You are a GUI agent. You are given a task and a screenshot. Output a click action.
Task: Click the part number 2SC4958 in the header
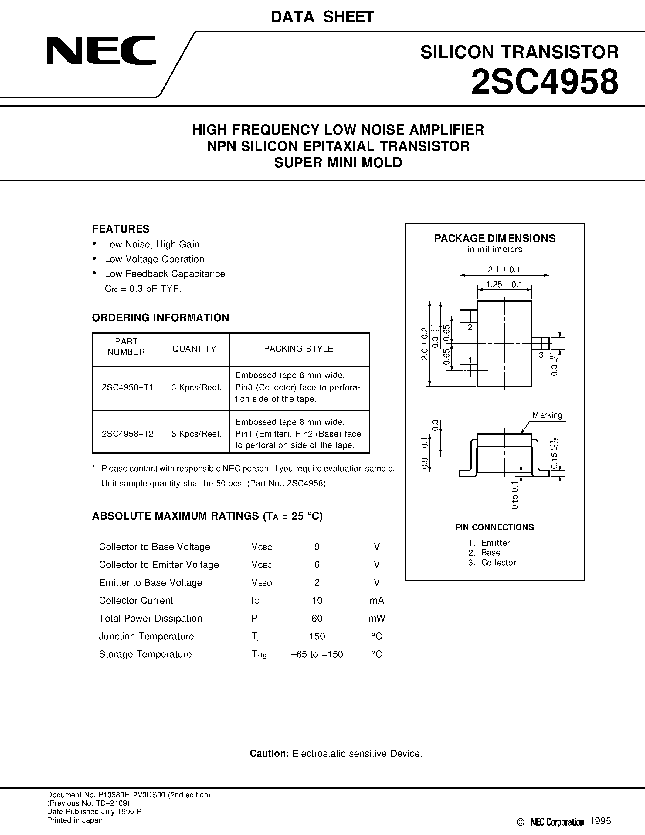pos(545,82)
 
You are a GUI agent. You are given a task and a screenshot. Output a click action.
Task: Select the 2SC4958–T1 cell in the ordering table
pos(127,387)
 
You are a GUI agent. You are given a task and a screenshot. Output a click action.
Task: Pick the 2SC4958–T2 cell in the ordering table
pos(127,434)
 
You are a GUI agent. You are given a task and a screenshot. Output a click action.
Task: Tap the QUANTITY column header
pos(194,349)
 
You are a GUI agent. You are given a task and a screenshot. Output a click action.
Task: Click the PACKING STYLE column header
pos(298,349)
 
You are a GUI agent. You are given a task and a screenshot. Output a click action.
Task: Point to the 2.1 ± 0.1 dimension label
pos(504,270)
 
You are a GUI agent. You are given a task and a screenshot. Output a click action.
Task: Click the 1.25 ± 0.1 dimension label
pos(504,285)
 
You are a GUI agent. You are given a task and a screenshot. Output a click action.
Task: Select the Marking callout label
pos(547,415)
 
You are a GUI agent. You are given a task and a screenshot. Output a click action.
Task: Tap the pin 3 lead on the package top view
pos(540,343)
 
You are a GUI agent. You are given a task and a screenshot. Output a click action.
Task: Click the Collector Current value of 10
pos(317,600)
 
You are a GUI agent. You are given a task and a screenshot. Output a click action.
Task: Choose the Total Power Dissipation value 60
pos(317,618)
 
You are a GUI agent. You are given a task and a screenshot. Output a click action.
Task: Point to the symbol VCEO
pos(262,565)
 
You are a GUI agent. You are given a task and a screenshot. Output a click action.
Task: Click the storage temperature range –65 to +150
pos(317,654)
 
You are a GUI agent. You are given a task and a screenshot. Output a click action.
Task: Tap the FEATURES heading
pos(121,229)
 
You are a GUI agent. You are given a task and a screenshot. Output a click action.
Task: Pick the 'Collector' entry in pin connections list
pos(498,562)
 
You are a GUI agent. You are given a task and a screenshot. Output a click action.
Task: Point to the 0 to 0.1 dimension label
pos(515,496)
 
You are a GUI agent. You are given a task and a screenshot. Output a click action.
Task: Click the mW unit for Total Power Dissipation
pos(377,618)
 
